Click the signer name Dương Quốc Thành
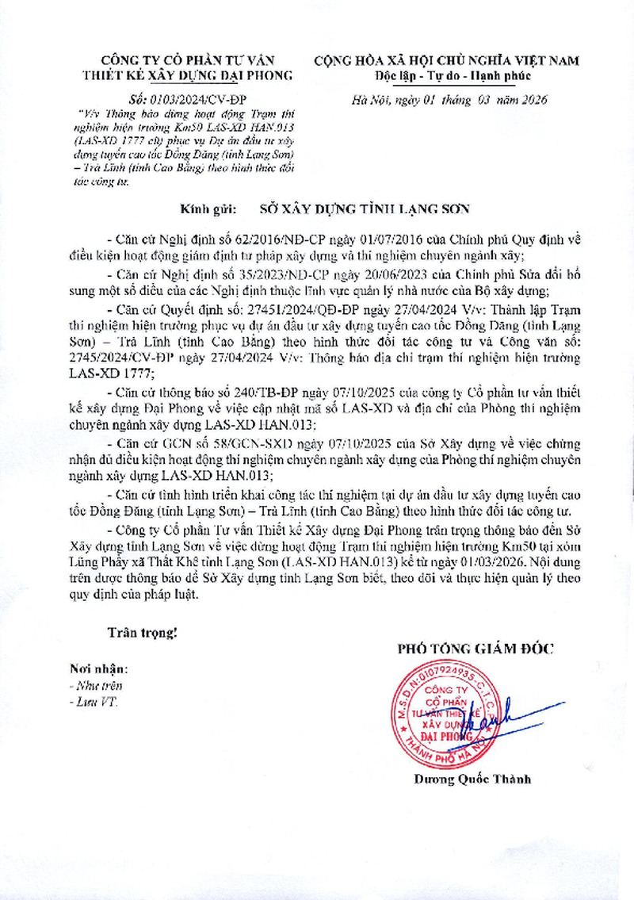point(472,779)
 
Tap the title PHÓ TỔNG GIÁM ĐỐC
point(475,649)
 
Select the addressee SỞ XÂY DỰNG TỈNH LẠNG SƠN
point(365,209)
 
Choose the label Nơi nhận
point(98,669)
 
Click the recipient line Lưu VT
point(92,703)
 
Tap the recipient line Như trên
point(95,686)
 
